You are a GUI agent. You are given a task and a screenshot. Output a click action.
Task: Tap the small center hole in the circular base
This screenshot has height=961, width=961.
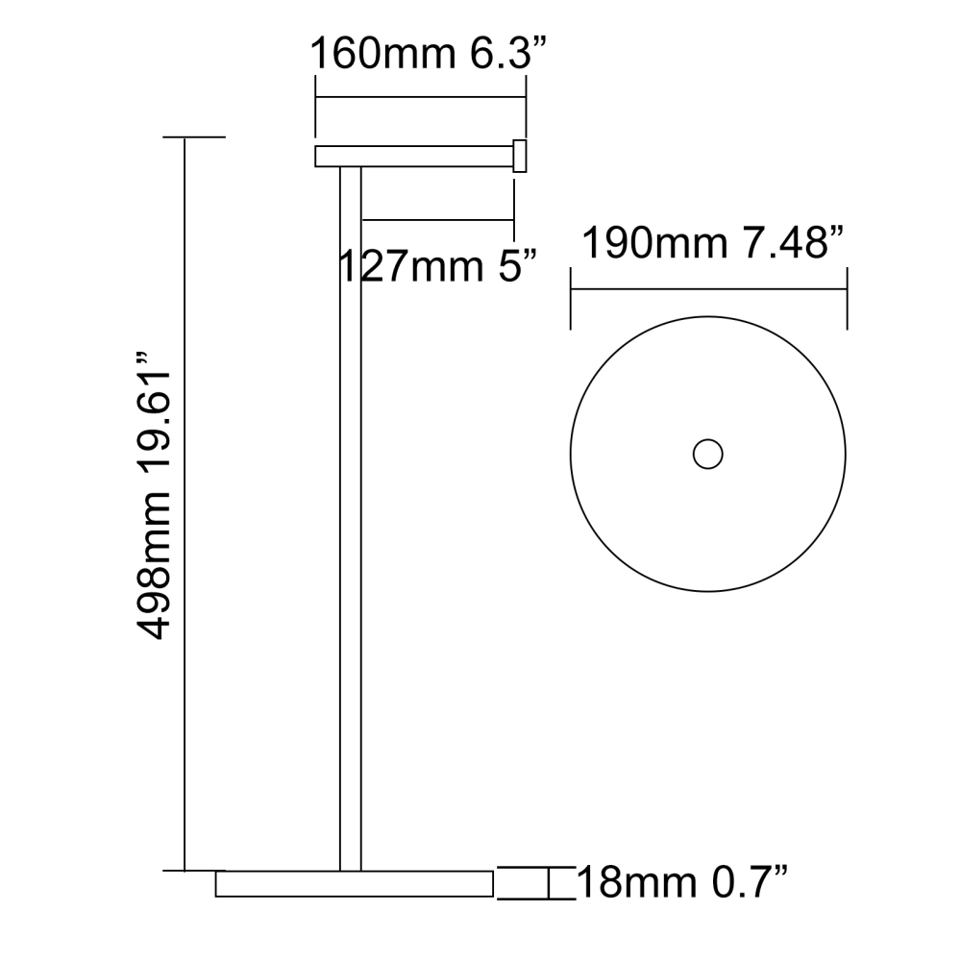tap(708, 455)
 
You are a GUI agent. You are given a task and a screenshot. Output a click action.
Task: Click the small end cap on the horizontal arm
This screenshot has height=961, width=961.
tap(520, 157)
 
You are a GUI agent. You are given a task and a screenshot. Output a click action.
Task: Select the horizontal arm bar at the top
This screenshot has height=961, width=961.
tap(413, 157)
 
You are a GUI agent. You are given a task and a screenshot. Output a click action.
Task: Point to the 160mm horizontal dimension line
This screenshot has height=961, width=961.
tap(421, 97)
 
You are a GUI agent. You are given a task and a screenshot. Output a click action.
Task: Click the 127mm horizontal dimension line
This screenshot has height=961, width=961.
tap(437, 220)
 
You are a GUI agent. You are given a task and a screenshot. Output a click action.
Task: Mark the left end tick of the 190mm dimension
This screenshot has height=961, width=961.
tap(572, 298)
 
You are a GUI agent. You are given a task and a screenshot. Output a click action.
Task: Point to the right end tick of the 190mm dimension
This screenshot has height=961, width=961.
tap(847, 298)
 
